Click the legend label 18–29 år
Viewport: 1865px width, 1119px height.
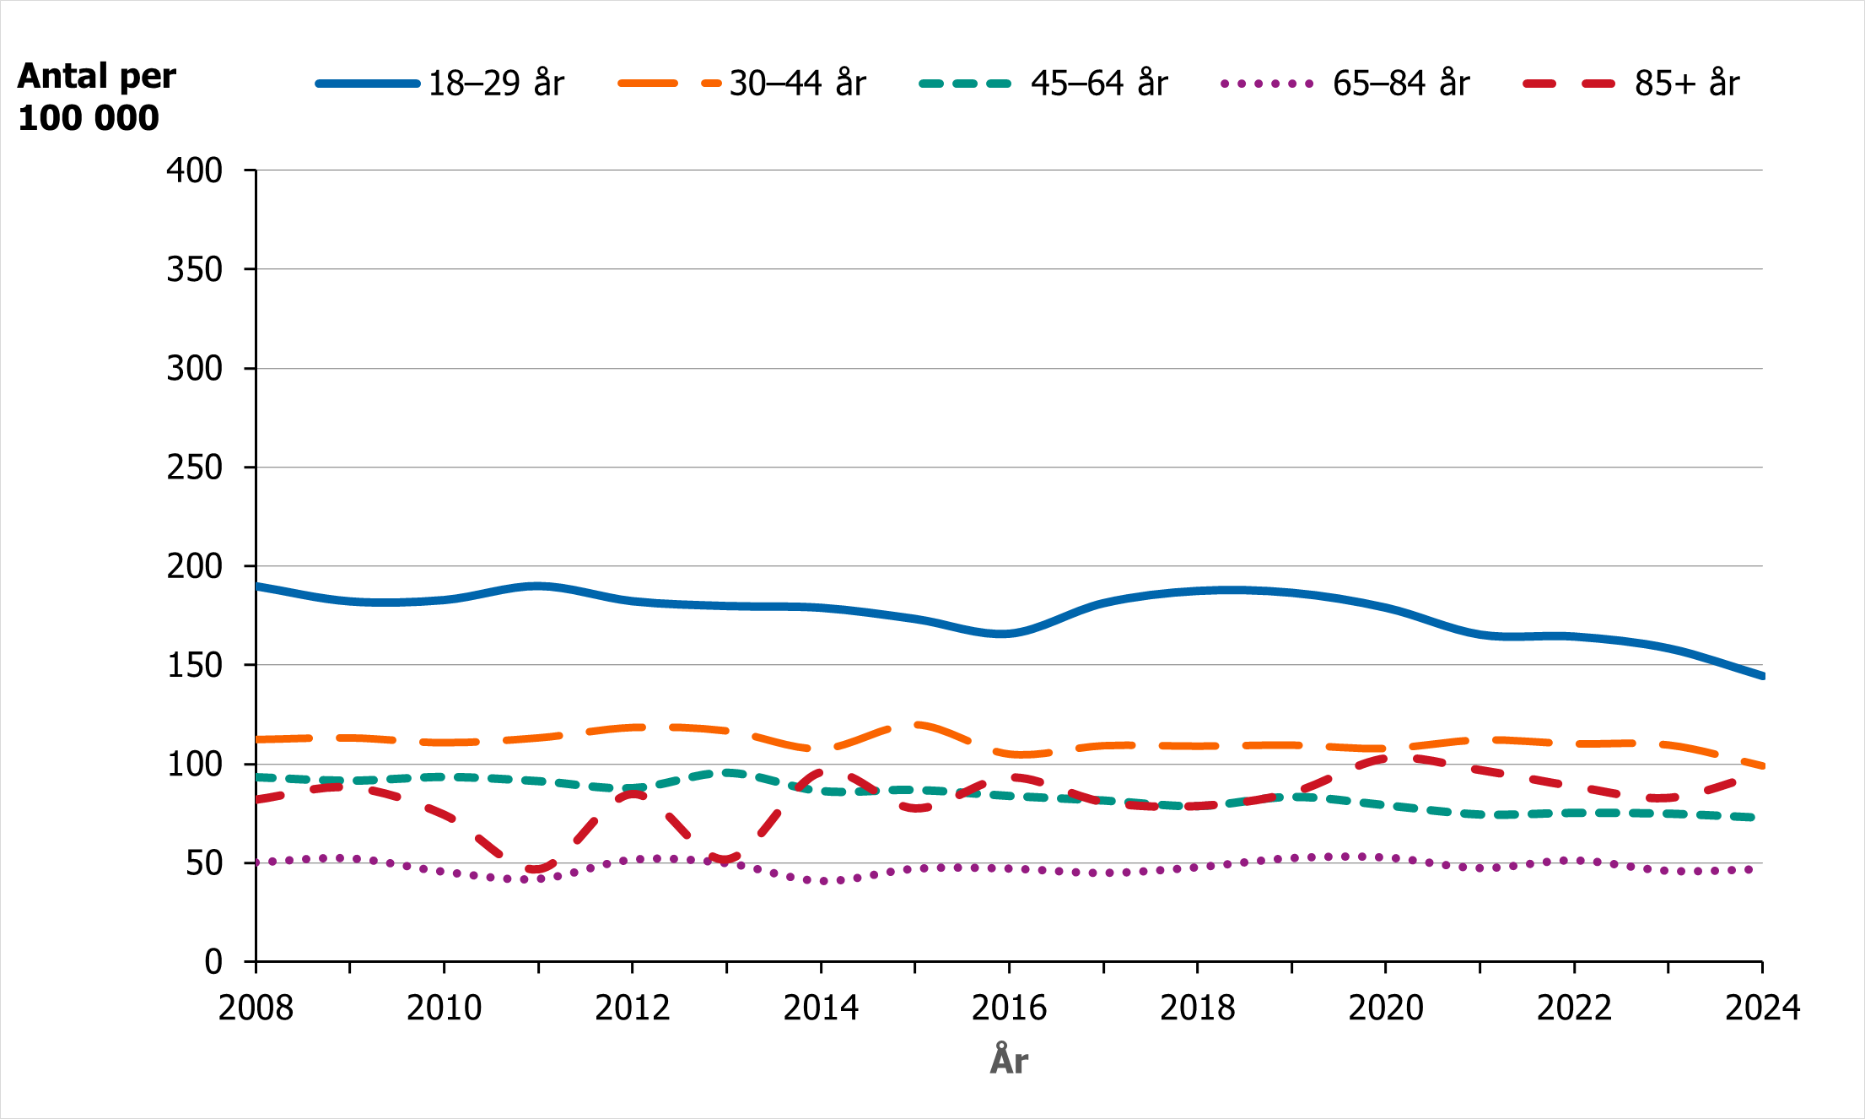[496, 84]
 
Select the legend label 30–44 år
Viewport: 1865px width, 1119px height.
[797, 84]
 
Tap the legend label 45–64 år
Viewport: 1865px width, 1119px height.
[1098, 84]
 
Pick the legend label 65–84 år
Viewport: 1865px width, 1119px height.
[1400, 84]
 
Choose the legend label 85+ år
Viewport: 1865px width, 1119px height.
[1687, 84]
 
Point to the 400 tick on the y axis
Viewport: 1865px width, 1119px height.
[195, 170]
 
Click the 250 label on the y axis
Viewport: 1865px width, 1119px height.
[195, 468]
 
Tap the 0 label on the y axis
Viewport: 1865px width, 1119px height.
[213, 962]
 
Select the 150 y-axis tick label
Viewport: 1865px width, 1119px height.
[195, 666]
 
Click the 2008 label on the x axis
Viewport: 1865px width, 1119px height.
[256, 1008]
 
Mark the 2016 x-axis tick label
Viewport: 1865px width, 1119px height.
[1009, 1008]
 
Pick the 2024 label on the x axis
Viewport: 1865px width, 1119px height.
[1762, 1008]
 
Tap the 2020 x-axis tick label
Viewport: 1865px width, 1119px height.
[1386, 1008]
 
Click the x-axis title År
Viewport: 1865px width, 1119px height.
[1009, 1061]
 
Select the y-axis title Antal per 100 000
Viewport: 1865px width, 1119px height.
[96, 97]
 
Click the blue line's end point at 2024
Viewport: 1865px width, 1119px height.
[1762, 676]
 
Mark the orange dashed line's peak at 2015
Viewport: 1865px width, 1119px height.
[916, 724]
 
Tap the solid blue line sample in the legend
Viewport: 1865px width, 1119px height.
[368, 84]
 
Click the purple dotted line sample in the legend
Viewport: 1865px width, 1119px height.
[1267, 84]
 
